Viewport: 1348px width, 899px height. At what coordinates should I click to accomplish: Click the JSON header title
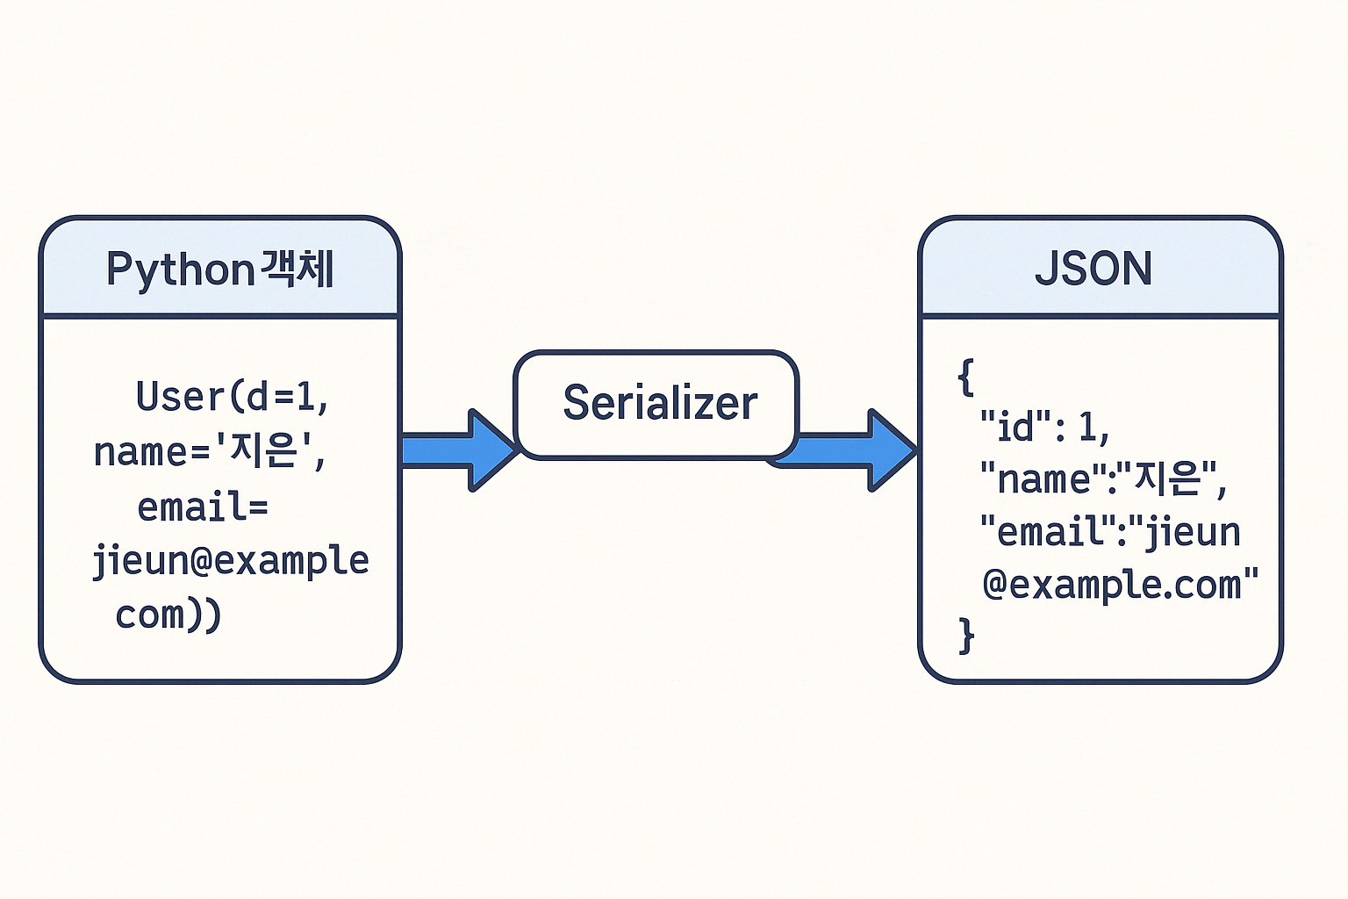(x=1093, y=269)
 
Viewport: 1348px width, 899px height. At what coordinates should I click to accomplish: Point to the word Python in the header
(x=180, y=270)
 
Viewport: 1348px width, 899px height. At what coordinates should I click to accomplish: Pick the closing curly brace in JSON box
(x=966, y=635)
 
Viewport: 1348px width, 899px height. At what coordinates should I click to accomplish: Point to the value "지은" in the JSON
(x=1168, y=478)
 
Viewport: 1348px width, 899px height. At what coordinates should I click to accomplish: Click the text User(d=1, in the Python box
(x=233, y=398)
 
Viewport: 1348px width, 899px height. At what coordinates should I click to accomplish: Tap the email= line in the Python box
(x=203, y=507)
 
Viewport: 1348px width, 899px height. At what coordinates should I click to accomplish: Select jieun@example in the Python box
(x=231, y=561)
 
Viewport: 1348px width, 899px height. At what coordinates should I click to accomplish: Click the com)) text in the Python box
(x=168, y=615)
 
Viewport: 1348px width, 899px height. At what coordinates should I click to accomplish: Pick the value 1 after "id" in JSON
(x=1088, y=428)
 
